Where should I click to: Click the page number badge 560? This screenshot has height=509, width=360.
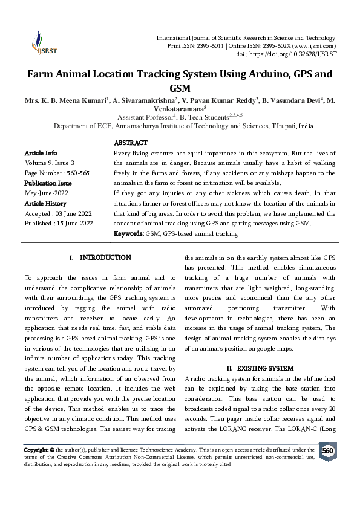[x=327, y=452]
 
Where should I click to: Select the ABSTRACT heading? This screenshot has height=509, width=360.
[x=131, y=143]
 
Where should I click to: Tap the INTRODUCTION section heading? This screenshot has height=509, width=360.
[x=105, y=258]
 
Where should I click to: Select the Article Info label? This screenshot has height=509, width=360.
[x=41, y=153]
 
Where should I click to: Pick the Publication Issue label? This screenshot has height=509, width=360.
[x=48, y=183]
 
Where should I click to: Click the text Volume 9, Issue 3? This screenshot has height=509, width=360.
[x=50, y=163]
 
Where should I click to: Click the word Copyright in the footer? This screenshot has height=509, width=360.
[x=36, y=450]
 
